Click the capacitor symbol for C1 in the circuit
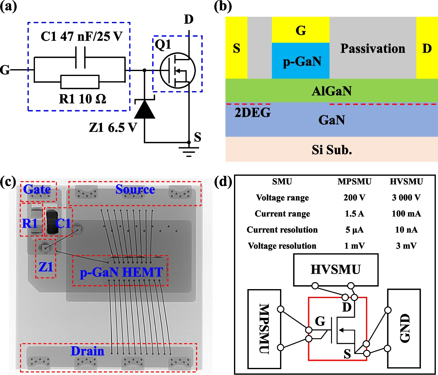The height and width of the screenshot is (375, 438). [80, 57]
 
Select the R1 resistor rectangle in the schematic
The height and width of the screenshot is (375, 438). [80, 82]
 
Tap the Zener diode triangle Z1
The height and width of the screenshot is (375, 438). [145, 110]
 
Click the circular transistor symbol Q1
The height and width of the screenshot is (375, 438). [177, 70]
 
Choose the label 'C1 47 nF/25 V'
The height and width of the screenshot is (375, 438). [82, 36]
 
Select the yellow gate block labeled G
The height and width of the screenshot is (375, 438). [301, 30]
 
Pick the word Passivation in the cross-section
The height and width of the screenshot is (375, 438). [373, 48]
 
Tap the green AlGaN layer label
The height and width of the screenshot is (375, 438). [331, 91]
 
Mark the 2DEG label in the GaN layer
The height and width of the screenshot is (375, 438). [253, 113]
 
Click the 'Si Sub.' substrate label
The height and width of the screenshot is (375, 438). [332, 150]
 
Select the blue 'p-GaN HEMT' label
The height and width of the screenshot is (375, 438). [121, 272]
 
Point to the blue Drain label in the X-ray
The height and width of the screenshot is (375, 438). [87, 351]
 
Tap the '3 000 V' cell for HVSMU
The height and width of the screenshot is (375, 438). [406, 198]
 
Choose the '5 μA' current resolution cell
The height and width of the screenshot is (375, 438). [354, 230]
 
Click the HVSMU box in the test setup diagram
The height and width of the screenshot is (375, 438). [336, 270]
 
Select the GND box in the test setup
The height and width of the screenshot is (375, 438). [404, 328]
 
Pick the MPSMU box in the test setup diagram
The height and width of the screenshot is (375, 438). [264, 329]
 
